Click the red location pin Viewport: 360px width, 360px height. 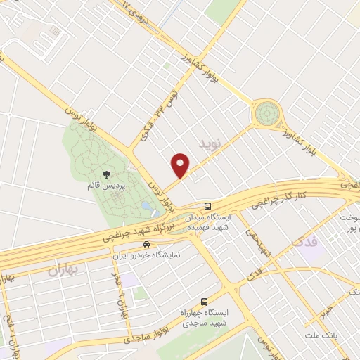click(x=181, y=164)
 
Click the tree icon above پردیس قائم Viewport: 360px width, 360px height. click(x=106, y=174)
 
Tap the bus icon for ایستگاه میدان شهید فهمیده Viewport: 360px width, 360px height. click(x=207, y=206)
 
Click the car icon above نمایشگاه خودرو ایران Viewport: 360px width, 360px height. click(x=146, y=245)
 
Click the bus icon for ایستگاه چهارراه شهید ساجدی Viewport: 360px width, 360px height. click(x=204, y=300)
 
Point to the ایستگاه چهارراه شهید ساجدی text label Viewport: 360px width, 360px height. click(x=204, y=316)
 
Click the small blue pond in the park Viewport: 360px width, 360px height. click(x=144, y=206)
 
